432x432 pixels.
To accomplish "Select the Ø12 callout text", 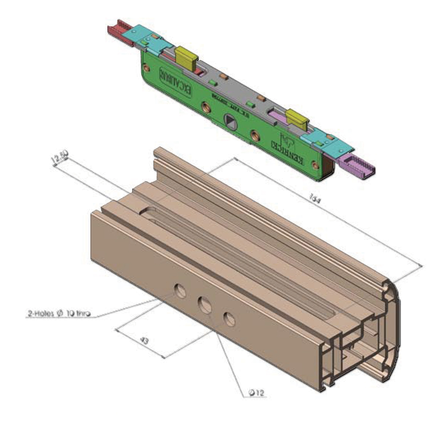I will click(257, 393).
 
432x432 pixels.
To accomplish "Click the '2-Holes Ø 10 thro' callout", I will click(59, 314).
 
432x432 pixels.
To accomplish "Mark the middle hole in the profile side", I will click(205, 305).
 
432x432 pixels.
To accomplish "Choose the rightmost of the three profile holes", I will click(229, 319).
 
